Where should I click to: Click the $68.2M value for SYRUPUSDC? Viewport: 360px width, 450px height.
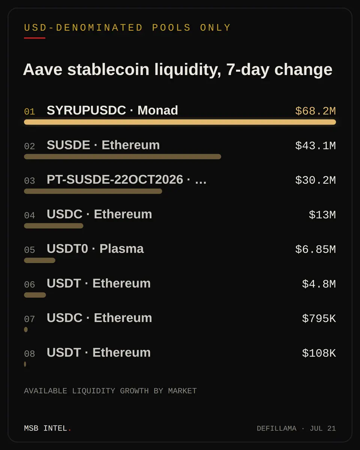coord(315,111)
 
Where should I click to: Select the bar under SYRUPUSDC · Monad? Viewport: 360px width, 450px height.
coord(180,122)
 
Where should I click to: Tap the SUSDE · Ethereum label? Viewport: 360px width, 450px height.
coord(103,145)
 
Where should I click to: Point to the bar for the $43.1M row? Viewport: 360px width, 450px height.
coord(123,157)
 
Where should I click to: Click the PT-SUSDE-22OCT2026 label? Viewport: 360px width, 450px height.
coord(126,179)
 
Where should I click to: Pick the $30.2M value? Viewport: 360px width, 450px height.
coord(315,180)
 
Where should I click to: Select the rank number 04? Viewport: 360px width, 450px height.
coord(30,215)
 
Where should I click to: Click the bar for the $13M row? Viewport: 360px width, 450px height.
coord(54,226)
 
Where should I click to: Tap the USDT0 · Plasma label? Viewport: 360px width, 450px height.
coord(95,249)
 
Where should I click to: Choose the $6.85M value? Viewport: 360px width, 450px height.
coord(315,249)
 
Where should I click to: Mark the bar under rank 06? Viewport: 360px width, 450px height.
coord(35,295)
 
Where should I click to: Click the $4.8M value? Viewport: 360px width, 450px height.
coord(319,284)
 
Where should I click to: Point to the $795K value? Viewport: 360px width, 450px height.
coord(319,319)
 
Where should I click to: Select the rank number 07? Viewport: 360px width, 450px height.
coord(30,319)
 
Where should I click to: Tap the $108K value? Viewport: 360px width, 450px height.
coord(319,353)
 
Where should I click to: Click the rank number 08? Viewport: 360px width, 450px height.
coord(30,354)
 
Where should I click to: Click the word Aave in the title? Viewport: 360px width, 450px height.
coord(43,69)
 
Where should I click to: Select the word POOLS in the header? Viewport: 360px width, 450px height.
coord(171,28)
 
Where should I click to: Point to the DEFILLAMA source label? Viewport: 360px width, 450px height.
coord(276,429)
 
